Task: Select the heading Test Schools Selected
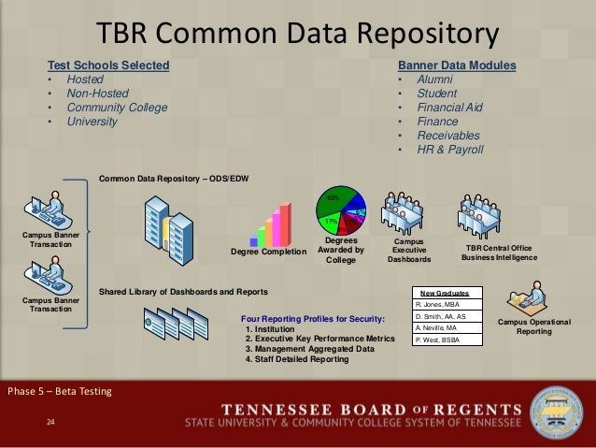109,65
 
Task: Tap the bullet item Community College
117,108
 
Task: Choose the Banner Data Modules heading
457,65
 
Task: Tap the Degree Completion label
268,252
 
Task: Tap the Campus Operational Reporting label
534,326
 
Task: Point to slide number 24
51,424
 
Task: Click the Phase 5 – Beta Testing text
58,390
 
